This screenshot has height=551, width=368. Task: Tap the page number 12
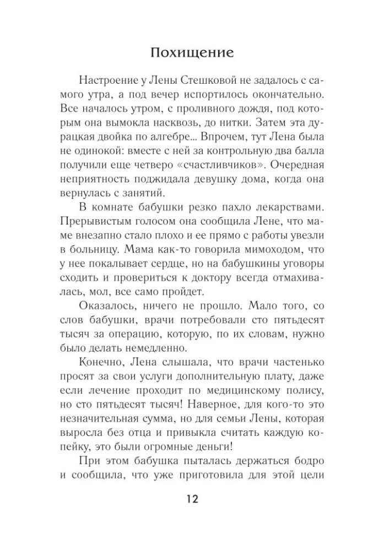(185, 499)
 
